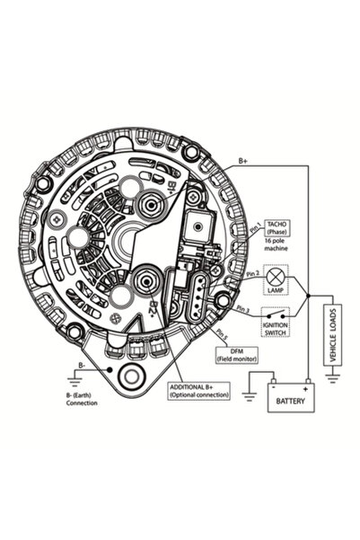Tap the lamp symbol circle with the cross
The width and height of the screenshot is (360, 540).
pyautogui.click(x=276, y=276)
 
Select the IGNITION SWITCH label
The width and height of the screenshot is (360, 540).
pyautogui.click(x=275, y=330)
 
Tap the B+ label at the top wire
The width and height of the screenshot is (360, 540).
pyautogui.click(x=242, y=163)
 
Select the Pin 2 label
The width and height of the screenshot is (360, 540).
pyautogui.click(x=252, y=272)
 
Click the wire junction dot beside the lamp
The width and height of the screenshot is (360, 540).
pyautogui.click(x=308, y=295)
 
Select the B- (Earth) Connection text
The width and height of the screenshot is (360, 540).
pyautogui.click(x=82, y=398)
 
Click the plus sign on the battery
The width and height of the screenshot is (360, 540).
pyautogui.click(x=306, y=389)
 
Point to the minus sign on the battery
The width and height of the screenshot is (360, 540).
pyautogui.click(x=277, y=389)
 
